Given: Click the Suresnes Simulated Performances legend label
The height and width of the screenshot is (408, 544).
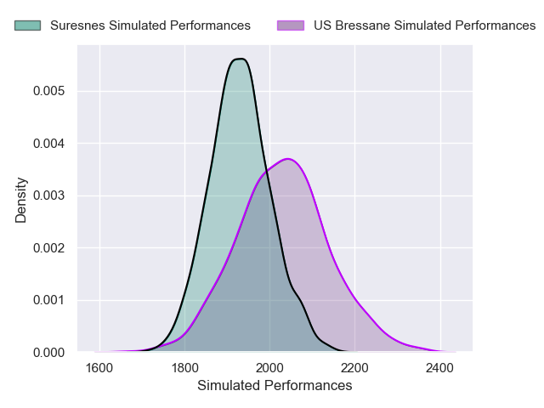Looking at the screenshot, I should pyautogui.click(x=150, y=25).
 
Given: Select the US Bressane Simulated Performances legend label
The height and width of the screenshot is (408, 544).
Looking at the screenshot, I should pyautogui.click(x=424, y=25).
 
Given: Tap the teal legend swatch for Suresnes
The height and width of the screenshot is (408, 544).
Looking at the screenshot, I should pyautogui.click(x=27, y=25).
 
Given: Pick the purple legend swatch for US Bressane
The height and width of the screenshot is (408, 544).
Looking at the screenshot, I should pyautogui.click(x=291, y=25).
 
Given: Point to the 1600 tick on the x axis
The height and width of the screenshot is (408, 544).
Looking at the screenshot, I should pyautogui.click(x=100, y=369).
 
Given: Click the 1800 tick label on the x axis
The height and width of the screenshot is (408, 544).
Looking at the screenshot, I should pyautogui.click(x=185, y=369).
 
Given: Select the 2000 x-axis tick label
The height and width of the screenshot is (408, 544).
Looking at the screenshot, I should pyautogui.click(x=270, y=369).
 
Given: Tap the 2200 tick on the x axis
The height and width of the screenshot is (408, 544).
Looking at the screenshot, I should pyautogui.click(x=355, y=369).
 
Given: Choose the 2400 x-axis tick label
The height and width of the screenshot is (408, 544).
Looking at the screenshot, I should pyautogui.click(x=440, y=369).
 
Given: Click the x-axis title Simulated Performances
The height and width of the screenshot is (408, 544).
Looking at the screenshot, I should pyautogui.click(x=275, y=386).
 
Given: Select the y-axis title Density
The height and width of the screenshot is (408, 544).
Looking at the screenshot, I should pyautogui.click(x=21, y=200).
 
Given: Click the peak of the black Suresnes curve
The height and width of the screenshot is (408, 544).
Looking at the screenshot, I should pyautogui.click(x=240, y=59).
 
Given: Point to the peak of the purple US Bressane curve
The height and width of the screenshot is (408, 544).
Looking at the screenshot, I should pyautogui.click(x=289, y=159).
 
